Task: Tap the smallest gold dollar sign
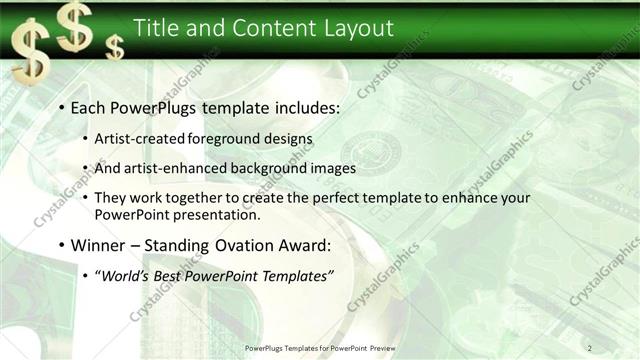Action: pos(116,46)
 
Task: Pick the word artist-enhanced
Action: pos(172,168)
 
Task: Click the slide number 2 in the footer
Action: pos(590,347)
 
